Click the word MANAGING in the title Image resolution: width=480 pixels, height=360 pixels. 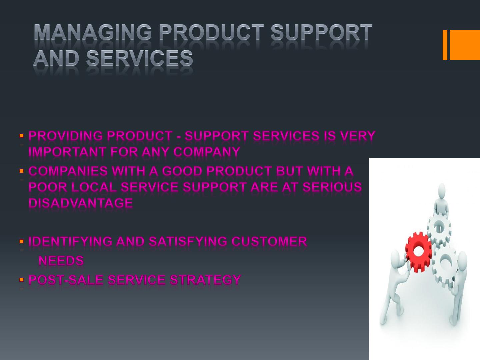tap(93, 32)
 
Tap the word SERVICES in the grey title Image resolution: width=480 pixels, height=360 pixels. tap(140, 58)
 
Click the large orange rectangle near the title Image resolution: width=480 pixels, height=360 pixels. tap(465, 45)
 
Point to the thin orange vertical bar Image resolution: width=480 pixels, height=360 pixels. tap(445, 45)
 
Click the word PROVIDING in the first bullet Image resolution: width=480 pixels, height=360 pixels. tap(66, 136)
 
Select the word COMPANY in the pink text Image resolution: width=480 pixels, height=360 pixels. tap(207, 152)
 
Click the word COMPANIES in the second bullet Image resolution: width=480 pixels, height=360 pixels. tap(68, 171)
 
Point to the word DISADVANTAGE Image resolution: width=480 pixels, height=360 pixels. tap(81, 203)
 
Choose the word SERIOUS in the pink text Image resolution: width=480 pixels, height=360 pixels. tap(332, 187)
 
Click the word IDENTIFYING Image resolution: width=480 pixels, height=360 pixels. tap(70, 242)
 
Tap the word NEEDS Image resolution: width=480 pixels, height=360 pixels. tap(61, 261)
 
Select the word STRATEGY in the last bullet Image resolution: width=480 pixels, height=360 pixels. tap(205, 280)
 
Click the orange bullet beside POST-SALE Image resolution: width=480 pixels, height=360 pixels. tap(21, 280)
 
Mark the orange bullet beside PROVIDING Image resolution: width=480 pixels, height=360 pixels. tap(21, 136)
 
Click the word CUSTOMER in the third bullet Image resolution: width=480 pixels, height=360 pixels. tap(269, 242)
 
